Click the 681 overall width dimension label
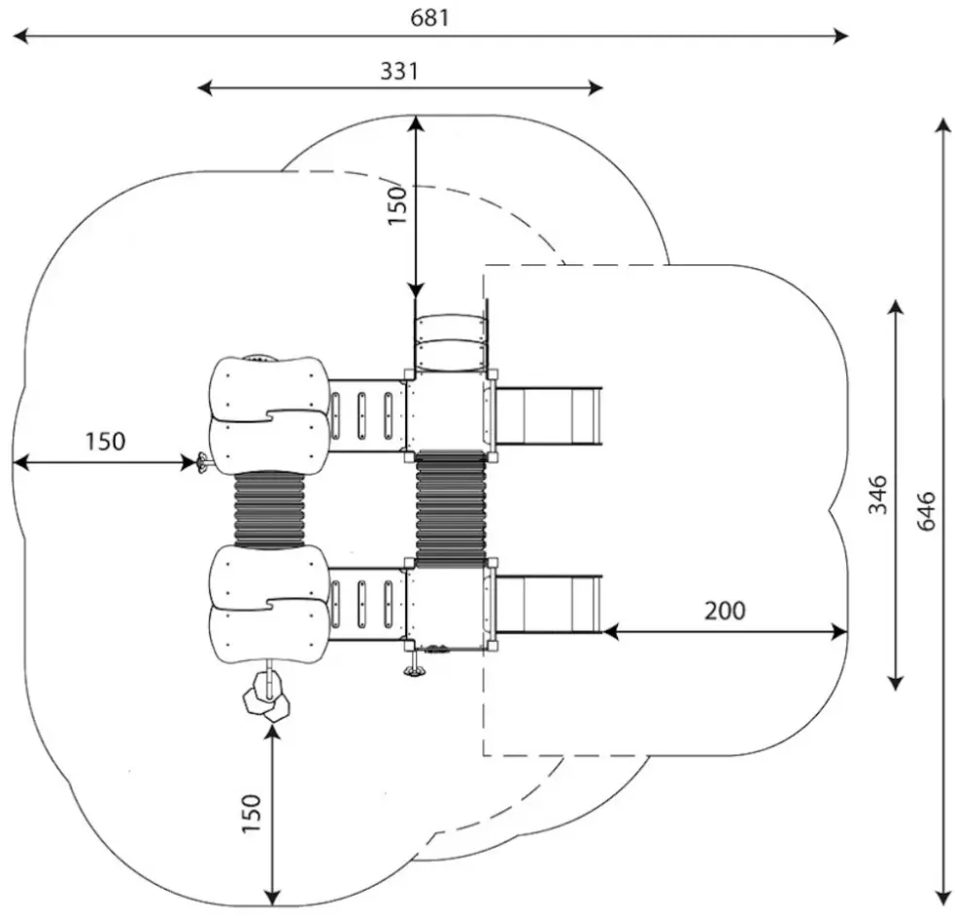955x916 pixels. pos(430,18)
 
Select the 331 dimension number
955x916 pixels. pos(398,71)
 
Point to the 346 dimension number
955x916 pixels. pos(877,495)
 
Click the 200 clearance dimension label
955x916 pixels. pos(725,611)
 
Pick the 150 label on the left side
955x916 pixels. pos(104,440)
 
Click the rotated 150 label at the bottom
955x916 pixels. pos(252,812)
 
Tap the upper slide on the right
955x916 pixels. pos(550,416)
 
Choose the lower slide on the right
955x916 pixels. pos(550,603)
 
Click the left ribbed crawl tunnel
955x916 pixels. pos(269,509)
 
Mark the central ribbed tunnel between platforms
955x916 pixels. pos(451,509)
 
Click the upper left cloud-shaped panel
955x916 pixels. pos(269,414)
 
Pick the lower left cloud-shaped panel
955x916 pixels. pos(269,604)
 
